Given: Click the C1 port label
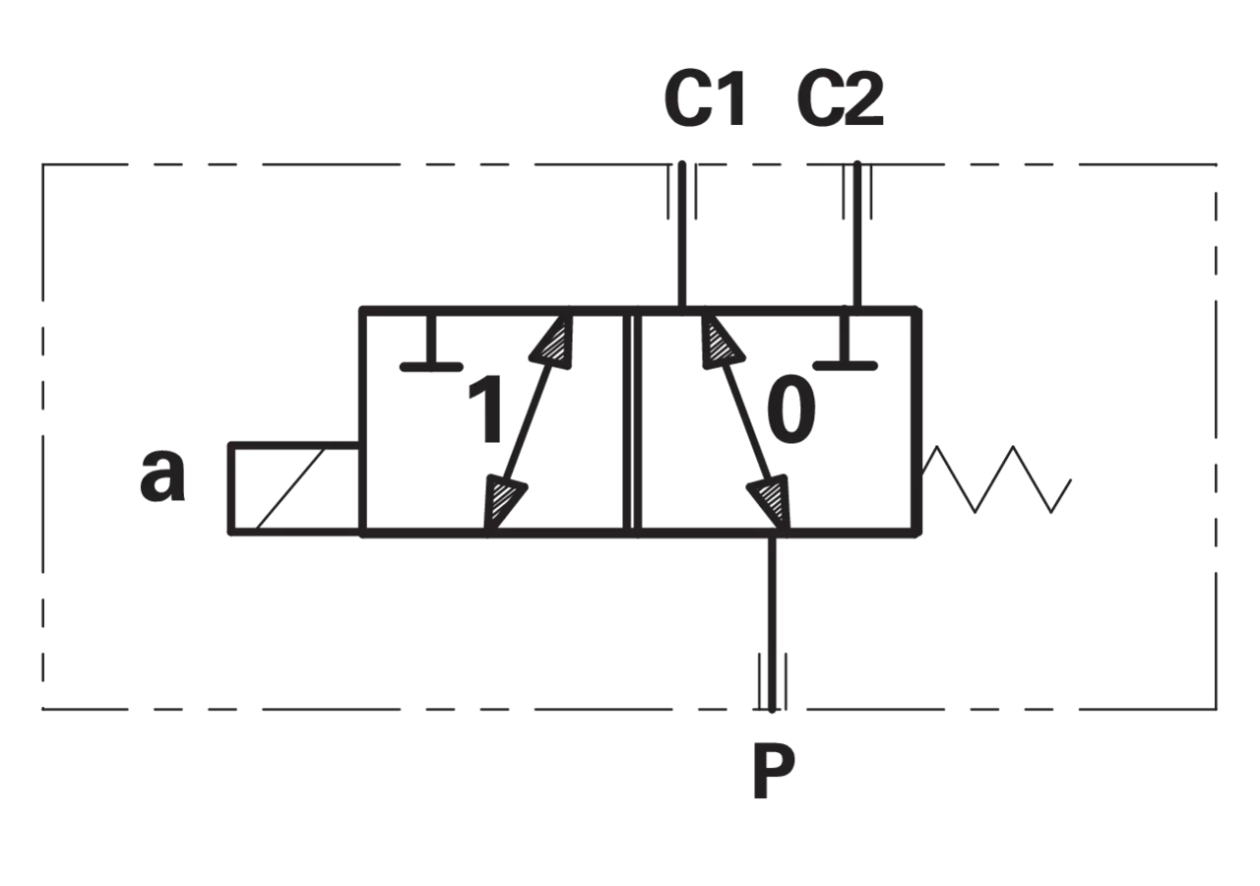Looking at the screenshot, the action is click(x=706, y=99).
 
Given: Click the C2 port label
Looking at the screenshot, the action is click(x=841, y=99).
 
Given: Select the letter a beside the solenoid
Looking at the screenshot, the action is click(x=162, y=475).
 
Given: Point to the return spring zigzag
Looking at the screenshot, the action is click(x=996, y=479).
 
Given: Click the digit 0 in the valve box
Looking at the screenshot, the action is click(x=790, y=409).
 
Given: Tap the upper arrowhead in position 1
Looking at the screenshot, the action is click(x=552, y=341).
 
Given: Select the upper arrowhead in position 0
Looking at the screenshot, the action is click(x=722, y=341).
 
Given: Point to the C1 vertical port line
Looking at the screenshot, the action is click(x=682, y=234).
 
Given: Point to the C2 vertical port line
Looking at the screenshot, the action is click(x=857, y=234).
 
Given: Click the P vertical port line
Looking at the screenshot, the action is click(x=773, y=624).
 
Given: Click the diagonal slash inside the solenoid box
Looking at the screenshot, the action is click(x=290, y=488).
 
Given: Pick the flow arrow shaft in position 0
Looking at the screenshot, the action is click(x=745, y=422).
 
